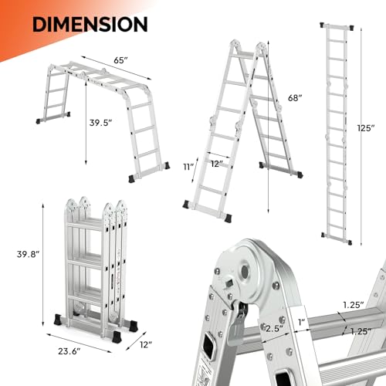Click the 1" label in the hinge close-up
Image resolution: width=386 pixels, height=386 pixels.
click(279, 322)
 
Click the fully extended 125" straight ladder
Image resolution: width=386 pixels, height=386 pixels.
click(334, 131)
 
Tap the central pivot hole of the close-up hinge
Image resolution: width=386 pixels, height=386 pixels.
click(248, 273)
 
